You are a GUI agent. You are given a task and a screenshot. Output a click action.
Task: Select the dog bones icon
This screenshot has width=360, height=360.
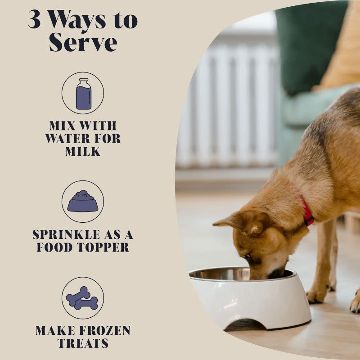82,298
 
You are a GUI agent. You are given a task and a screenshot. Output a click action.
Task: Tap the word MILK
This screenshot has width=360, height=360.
83,152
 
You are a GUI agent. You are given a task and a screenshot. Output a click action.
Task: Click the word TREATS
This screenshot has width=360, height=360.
83,343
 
